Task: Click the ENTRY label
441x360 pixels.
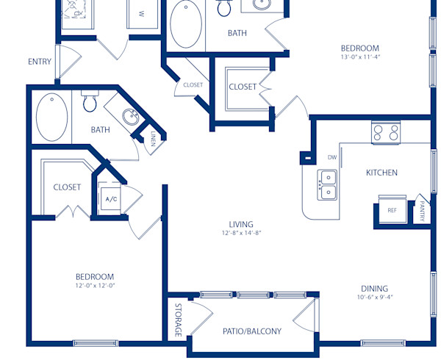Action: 40,62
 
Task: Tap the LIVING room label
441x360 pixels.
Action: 240,224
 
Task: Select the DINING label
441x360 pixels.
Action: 374,289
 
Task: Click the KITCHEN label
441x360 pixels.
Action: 381,173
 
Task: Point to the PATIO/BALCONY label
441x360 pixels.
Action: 251,331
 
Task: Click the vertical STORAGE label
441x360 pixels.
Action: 178,320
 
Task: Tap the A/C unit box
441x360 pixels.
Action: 112,199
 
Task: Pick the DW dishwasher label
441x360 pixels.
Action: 331,157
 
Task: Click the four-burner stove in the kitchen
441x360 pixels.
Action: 386,133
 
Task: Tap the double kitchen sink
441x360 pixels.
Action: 327,184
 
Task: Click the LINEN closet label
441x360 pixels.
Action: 152,139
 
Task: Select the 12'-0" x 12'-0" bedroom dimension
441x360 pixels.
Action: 96,285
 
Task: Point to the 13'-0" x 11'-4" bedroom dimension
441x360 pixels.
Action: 359,57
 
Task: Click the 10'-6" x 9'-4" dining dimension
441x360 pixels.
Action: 373,298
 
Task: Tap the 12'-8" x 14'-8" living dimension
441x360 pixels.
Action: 240,233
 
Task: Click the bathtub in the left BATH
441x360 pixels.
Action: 51,118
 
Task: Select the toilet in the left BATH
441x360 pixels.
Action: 90,103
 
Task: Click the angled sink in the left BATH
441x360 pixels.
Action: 130,118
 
